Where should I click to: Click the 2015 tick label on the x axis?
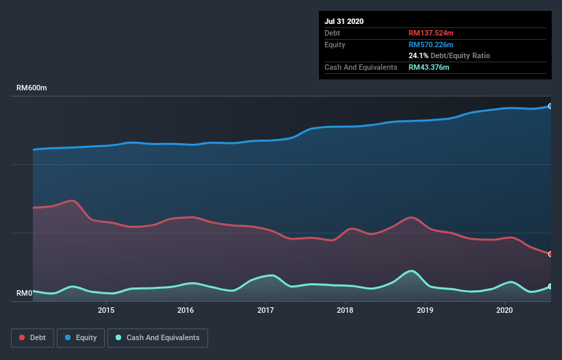(106, 310)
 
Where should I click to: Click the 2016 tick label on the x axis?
(186, 310)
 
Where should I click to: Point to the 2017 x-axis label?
(266, 310)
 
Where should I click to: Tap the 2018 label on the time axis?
(346, 310)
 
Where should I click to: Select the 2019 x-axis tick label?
(425, 310)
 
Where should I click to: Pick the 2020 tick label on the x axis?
(504, 310)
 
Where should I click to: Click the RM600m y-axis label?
(31, 88)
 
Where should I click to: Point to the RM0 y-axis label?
(25, 294)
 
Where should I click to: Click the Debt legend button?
(31, 337)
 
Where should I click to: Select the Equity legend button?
(81, 337)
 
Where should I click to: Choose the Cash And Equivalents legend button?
(157, 337)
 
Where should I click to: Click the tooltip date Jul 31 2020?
(344, 21)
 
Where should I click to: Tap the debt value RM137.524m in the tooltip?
(431, 33)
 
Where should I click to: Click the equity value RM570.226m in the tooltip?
(431, 44)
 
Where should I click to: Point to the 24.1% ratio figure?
(418, 55)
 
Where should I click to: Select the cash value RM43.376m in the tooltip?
(429, 67)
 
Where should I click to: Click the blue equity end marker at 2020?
(550, 106)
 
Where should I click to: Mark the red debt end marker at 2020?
(550, 254)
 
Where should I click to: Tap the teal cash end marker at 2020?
(550, 287)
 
